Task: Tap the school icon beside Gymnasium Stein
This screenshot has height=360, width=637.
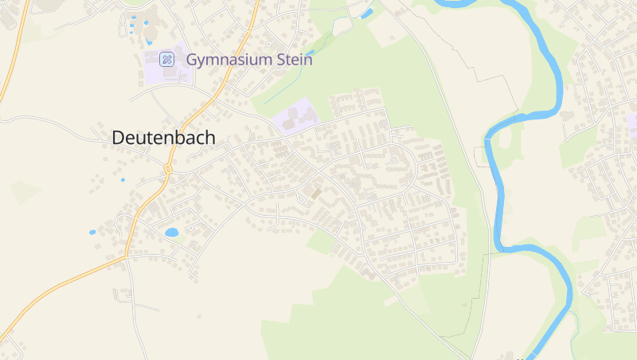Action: click(166, 59)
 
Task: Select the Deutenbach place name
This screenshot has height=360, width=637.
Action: click(163, 138)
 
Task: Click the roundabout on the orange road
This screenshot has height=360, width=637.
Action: click(169, 169)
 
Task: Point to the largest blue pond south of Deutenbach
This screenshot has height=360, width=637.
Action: click(171, 233)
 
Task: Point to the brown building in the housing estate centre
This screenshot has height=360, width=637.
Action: click(316, 194)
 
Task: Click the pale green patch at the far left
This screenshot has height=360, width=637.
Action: click(24, 192)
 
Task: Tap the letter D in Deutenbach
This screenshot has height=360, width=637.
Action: click(119, 138)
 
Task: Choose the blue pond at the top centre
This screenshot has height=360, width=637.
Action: click(367, 13)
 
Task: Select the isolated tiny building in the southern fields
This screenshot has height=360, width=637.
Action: click(199, 316)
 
